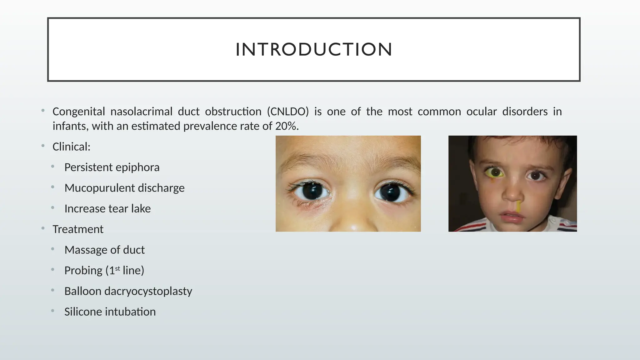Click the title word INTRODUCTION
pos(314,50)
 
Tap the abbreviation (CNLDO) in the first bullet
pos(288,112)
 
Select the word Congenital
pos(79,112)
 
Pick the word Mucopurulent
pos(99,188)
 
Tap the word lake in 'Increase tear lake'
pos(141,209)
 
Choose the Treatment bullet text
pos(78,229)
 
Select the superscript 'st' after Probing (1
pos(117,268)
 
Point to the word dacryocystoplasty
pos(148,291)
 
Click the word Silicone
pos(83,312)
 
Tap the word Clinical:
pos(71,147)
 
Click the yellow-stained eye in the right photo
pos(495,172)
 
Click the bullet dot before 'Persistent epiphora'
pos(53,167)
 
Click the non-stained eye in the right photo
pos(535,176)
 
